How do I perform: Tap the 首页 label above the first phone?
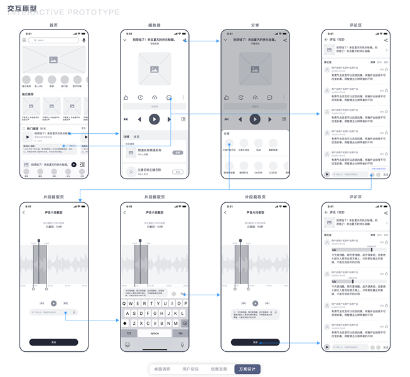54,25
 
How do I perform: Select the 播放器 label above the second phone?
154,25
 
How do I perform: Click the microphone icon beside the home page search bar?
84,40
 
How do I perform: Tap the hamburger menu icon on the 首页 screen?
24,40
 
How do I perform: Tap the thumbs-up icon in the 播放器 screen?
126,97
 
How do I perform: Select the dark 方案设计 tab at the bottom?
247,369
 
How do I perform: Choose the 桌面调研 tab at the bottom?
162,369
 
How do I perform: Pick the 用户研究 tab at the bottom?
190,369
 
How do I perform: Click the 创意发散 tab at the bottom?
218,369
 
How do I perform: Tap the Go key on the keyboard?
181,333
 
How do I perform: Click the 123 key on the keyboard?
129,333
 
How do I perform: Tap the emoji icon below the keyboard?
128,344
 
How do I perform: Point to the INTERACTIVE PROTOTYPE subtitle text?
63,13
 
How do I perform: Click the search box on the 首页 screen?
53,40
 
